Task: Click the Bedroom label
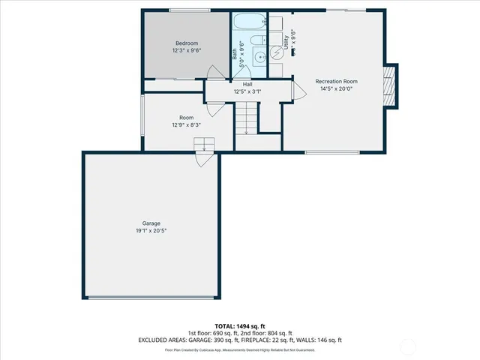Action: pos(186,43)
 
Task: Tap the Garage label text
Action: pos(151,223)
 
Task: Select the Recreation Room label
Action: pos(336,81)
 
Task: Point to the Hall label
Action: pos(247,84)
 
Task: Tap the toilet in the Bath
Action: pos(256,42)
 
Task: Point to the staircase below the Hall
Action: pos(247,118)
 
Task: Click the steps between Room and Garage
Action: pos(205,145)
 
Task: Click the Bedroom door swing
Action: pos(214,73)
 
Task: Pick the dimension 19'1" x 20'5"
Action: pos(151,231)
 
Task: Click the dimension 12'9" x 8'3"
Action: pos(186,125)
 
